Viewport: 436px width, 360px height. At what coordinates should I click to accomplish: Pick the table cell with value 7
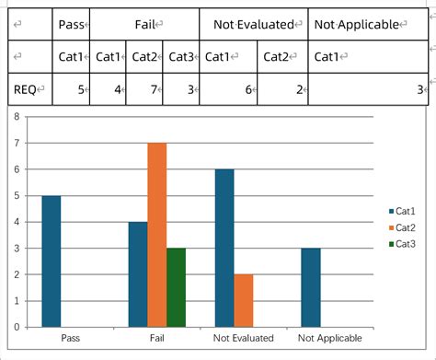click(144, 89)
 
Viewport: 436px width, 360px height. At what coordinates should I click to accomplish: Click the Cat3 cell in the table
click(180, 57)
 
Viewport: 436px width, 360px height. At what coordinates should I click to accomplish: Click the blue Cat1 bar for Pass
click(52, 261)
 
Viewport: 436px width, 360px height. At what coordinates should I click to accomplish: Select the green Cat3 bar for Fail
click(176, 286)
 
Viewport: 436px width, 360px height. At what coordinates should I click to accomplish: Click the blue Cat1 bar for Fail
click(138, 273)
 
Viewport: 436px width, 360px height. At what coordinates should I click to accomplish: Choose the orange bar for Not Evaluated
click(243, 300)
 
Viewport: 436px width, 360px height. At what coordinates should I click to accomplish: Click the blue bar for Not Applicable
click(310, 286)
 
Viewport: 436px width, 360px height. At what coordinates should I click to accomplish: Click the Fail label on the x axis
click(156, 339)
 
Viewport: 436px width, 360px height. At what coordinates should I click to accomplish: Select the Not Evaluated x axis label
click(243, 339)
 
